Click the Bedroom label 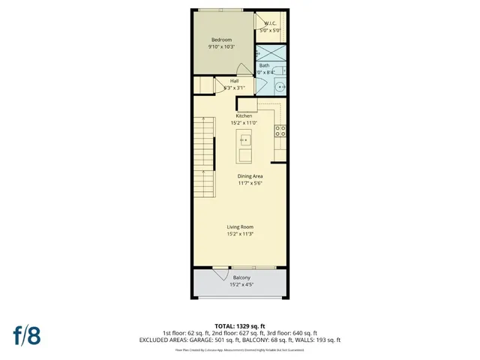tap(221, 40)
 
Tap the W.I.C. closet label tap(270, 24)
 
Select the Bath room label tap(264, 65)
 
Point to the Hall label tap(234, 81)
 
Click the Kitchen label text tap(244, 116)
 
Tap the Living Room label tap(240, 226)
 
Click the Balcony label tap(241, 278)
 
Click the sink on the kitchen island tap(244, 139)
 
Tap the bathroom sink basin tap(280, 85)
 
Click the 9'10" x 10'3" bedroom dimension tap(221, 47)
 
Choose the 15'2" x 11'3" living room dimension tap(240, 234)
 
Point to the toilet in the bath tap(279, 71)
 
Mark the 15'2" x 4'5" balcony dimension tap(241, 285)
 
